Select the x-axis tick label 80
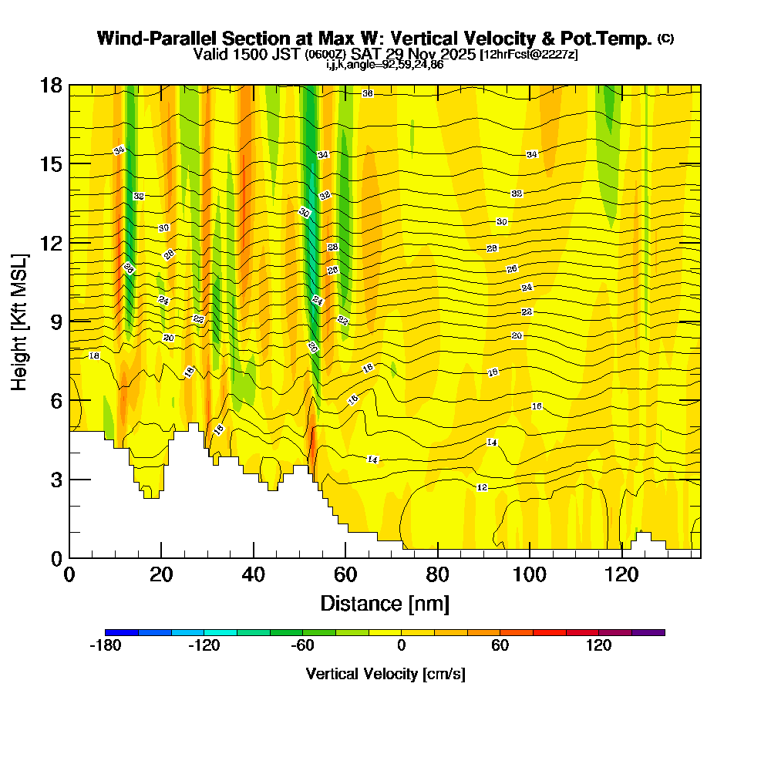pyautogui.click(x=438, y=575)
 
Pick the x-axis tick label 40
pyautogui.click(x=254, y=575)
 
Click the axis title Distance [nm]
pyautogui.click(x=385, y=602)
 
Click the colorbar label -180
pyautogui.click(x=106, y=646)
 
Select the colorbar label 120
pyautogui.click(x=599, y=646)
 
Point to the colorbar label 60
pyautogui.click(x=500, y=646)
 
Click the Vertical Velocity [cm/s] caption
pyautogui.click(x=385, y=674)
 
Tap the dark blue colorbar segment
pyautogui.click(x=122, y=632)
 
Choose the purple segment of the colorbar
pyautogui.click(x=648, y=632)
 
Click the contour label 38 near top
pyautogui.click(x=368, y=93)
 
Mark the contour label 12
pyautogui.click(x=482, y=488)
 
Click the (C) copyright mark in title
pyautogui.click(x=666, y=38)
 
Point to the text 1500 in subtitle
pyautogui.click(x=244, y=55)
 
